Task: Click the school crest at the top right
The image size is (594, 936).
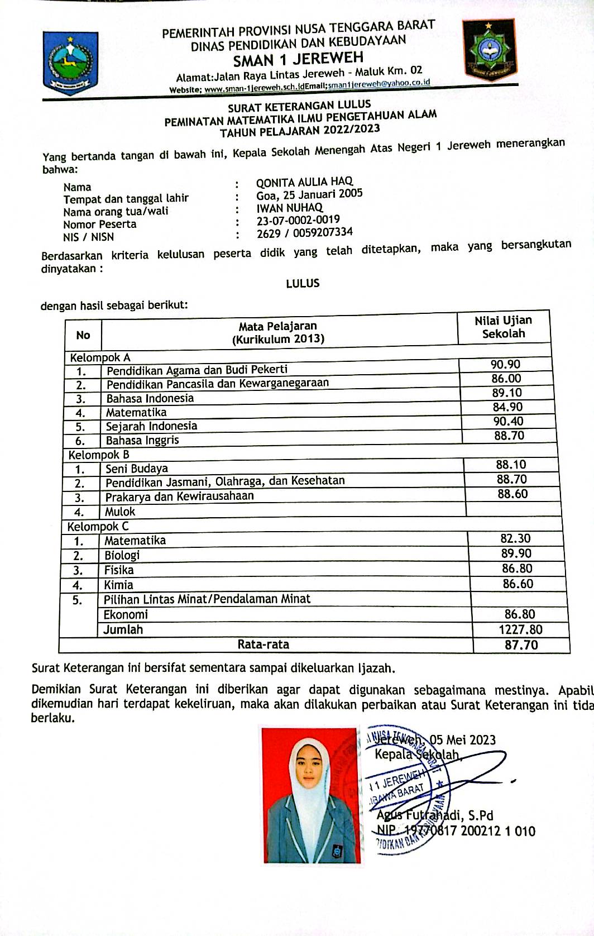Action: [489, 50]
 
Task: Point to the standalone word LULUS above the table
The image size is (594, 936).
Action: [303, 283]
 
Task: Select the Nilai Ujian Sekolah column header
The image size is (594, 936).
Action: [503, 327]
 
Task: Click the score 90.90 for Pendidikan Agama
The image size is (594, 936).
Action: [505, 365]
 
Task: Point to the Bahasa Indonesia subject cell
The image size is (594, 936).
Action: [150, 398]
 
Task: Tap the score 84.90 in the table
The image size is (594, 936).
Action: [507, 407]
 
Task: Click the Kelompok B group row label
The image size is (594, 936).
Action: [99, 455]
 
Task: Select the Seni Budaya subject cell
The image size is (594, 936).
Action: [137, 469]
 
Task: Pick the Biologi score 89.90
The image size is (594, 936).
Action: [516, 553]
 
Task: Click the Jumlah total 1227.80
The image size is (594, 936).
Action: [520, 629]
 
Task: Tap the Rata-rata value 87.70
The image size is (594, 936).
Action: [521, 645]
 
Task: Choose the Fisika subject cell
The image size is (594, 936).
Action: [119, 570]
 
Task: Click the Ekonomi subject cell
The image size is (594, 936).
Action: [126, 614]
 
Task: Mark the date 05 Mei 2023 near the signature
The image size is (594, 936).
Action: [463, 740]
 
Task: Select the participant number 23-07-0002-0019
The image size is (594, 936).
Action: [298, 220]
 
